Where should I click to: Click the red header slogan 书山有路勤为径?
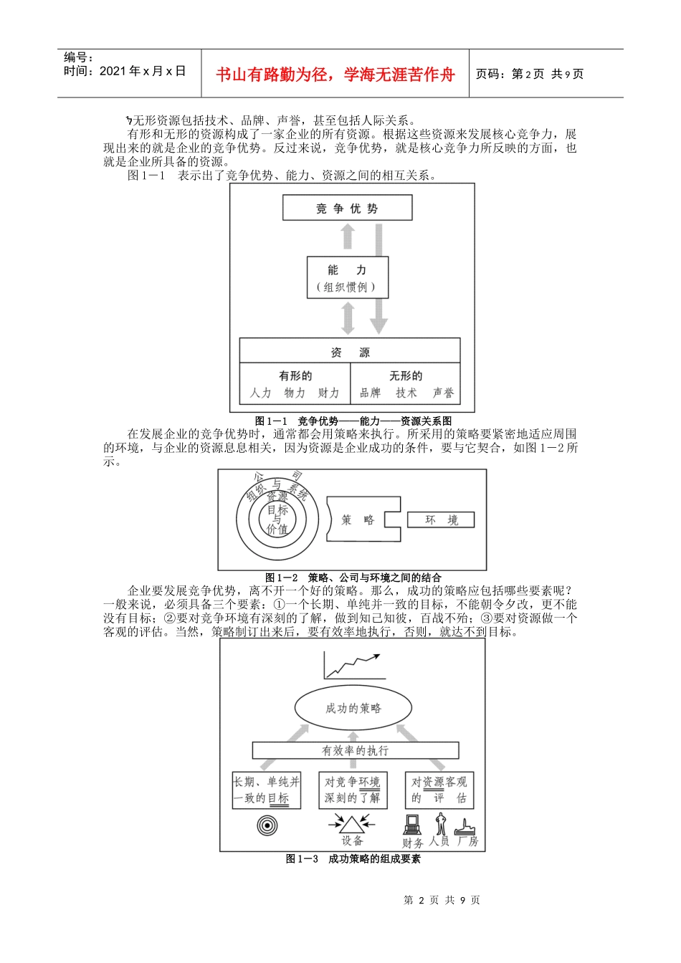point(335,75)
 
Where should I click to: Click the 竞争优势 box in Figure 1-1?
point(348,209)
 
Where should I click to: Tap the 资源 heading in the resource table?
point(350,353)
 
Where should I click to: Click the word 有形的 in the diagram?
point(295,375)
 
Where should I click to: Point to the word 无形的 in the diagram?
point(406,375)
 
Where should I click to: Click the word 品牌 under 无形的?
point(370,393)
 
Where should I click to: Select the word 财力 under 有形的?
point(328,393)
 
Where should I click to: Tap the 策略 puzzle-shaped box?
point(358,520)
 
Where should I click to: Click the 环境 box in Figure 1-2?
point(441,520)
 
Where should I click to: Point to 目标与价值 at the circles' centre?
point(277,519)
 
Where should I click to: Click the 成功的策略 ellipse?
point(353,708)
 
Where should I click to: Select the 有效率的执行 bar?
point(356,750)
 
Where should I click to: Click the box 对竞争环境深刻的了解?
point(353,790)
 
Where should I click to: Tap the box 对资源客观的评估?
point(439,790)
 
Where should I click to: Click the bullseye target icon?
point(267,825)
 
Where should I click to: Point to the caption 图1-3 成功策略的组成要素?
point(353,858)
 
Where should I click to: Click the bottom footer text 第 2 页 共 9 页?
point(442,900)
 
